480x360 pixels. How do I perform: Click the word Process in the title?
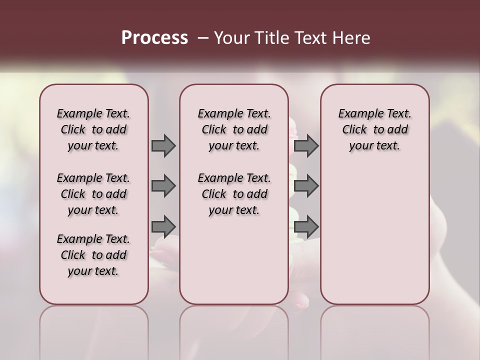pos(154,38)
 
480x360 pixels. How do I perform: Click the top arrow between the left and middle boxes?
pos(163,146)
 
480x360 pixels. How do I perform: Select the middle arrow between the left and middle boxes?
pos(163,186)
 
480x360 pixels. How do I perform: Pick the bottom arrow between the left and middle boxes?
pos(163,226)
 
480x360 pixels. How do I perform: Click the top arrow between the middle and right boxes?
pos(306,146)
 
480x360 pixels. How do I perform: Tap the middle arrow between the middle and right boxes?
pos(306,186)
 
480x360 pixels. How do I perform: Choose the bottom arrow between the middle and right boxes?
pos(306,226)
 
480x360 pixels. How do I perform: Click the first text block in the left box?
pos(93,129)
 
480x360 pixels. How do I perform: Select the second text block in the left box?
pos(93,194)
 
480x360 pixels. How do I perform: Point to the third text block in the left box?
pos(93,255)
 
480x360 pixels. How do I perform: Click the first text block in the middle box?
pos(234,129)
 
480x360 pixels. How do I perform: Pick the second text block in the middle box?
pos(234,194)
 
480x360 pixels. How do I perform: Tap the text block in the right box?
pos(375,129)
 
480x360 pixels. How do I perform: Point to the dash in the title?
pos(203,38)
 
